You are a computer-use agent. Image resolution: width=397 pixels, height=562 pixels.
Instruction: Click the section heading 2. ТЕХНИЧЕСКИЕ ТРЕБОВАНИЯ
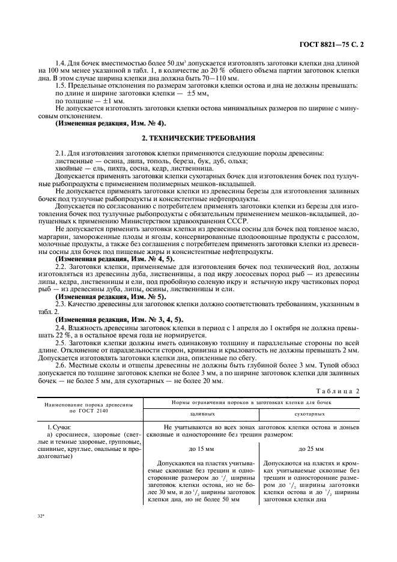[198, 137]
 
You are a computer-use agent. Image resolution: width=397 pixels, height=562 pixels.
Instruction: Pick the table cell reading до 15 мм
[201, 449]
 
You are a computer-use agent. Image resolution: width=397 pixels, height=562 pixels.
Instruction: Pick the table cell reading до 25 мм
[311, 449]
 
